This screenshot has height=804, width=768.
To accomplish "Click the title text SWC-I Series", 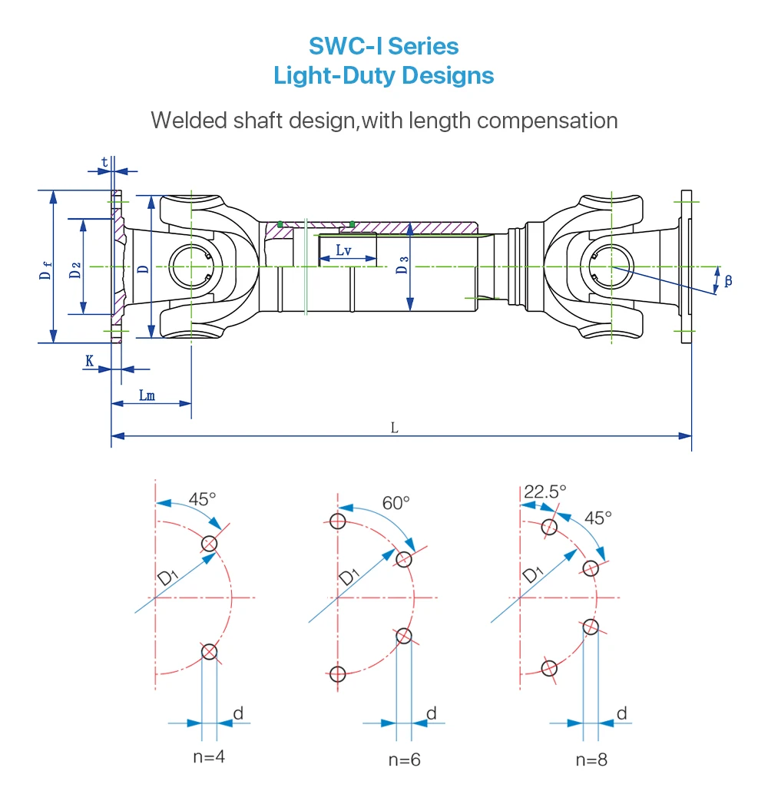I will [x=383, y=46].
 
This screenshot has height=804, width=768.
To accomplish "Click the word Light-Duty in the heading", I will [x=336, y=76].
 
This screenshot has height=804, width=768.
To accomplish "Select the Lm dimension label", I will [x=147, y=395].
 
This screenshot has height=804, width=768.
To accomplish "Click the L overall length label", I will [x=395, y=427].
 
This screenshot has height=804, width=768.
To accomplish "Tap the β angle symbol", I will [x=728, y=280].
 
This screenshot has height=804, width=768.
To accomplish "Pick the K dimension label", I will [x=90, y=360].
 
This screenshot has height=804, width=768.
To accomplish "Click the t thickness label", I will [x=104, y=162].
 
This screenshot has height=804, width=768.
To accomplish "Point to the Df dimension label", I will [x=47, y=270].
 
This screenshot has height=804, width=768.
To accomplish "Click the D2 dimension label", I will [x=74, y=270].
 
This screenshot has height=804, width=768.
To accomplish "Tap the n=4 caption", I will [x=209, y=756].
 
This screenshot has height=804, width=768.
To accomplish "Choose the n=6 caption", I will [x=404, y=759].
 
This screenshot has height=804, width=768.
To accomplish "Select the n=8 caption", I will [x=591, y=759].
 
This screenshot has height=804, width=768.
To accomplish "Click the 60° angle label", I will [x=396, y=502].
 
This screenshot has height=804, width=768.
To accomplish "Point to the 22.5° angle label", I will [x=545, y=491].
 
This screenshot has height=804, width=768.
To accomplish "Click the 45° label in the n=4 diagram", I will [x=203, y=498].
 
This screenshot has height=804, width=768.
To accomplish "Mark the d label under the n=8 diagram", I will [x=622, y=713].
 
